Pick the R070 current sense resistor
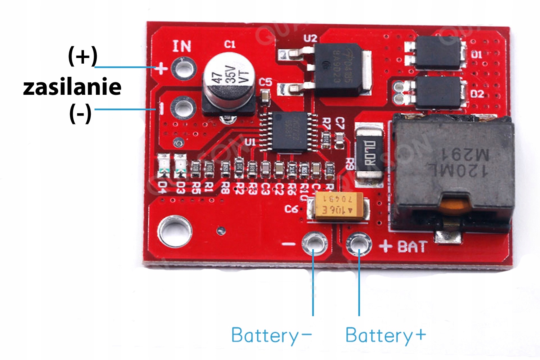click(370, 154)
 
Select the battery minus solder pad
click(314, 244)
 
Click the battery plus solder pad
click(359, 244)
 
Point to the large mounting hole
click(174, 231)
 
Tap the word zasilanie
click(72, 87)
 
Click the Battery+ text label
click(385, 335)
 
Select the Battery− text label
click(271, 335)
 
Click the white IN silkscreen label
click(182, 46)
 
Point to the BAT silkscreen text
click(412, 247)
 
